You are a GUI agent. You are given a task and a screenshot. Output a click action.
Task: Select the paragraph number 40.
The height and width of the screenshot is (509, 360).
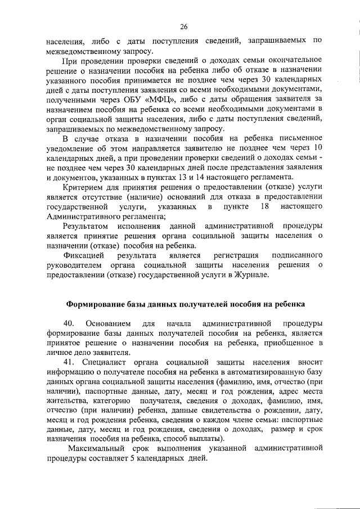pyautogui.click(x=69, y=324)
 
